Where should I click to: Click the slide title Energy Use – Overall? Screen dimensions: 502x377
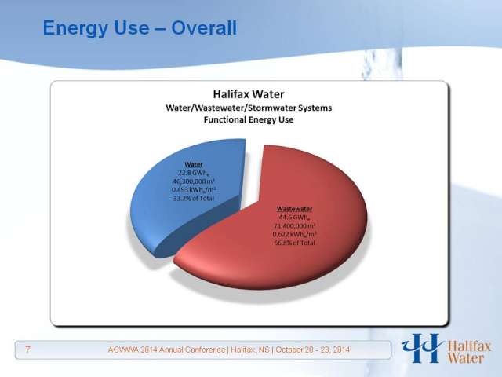pyautogui.click(x=140, y=28)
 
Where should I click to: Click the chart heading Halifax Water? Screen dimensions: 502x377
pyautogui.click(x=249, y=94)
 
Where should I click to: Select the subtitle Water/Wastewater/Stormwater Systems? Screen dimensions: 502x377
pyautogui.click(x=249, y=108)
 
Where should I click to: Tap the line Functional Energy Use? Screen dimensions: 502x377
pyautogui.click(x=249, y=119)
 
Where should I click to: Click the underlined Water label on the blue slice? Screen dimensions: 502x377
pyautogui.click(x=194, y=164)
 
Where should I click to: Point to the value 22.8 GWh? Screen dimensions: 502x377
pyautogui.click(x=194, y=173)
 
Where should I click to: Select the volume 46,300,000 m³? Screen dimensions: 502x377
pyautogui.click(x=194, y=181)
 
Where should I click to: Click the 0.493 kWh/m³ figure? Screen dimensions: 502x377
pyautogui.click(x=194, y=190)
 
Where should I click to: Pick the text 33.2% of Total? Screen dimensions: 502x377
pyautogui.click(x=194, y=199)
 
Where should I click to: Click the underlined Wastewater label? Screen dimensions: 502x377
pyautogui.click(x=294, y=209)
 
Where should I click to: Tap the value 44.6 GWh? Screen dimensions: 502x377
pyautogui.click(x=294, y=218)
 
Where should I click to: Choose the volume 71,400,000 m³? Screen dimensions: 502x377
pyautogui.click(x=294, y=226)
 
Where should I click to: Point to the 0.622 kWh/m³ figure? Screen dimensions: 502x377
pyautogui.click(x=294, y=234)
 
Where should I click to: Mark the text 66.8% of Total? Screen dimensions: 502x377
pyautogui.click(x=294, y=243)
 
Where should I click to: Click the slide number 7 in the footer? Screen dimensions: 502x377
pyautogui.click(x=28, y=350)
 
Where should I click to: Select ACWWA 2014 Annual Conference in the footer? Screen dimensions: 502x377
pyautogui.click(x=166, y=350)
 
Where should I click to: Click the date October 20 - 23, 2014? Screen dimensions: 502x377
pyautogui.click(x=313, y=350)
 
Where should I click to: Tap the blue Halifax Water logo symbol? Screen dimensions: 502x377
pyautogui.click(x=422, y=348)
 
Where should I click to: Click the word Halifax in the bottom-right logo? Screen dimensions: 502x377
pyautogui.click(x=469, y=346)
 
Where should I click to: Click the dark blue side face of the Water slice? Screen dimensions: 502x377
pyautogui.click(x=205, y=225)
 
